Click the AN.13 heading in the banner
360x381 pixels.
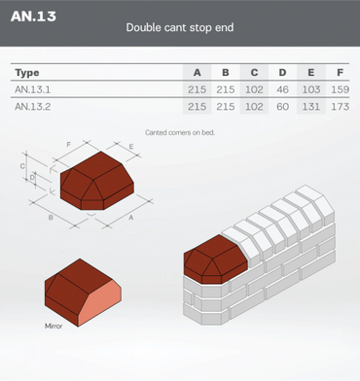click(33, 17)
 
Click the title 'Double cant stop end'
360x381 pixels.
click(180, 27)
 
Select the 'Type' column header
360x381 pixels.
click(27, 73)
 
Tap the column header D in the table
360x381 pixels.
click(282, 72)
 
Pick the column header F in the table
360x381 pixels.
click(340, 72)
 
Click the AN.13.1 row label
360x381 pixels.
click(32, 89)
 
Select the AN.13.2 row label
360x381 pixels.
click(32, 107)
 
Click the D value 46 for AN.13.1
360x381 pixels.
click(282, 89)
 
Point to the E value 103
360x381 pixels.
click(311, 89)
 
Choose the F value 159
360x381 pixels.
click(340, 89)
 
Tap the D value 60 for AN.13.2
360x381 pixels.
click(282, 107)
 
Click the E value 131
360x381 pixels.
click(311, 107)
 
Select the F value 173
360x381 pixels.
click(340, 107)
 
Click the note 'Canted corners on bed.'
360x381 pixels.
click(180, 132)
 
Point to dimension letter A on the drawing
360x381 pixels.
click(131, 218)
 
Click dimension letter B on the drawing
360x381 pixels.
click(51, 218)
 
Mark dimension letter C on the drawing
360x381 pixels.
click(22, 166)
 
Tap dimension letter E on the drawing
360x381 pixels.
click(131, 147)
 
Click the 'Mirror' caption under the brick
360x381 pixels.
click(54, 326)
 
